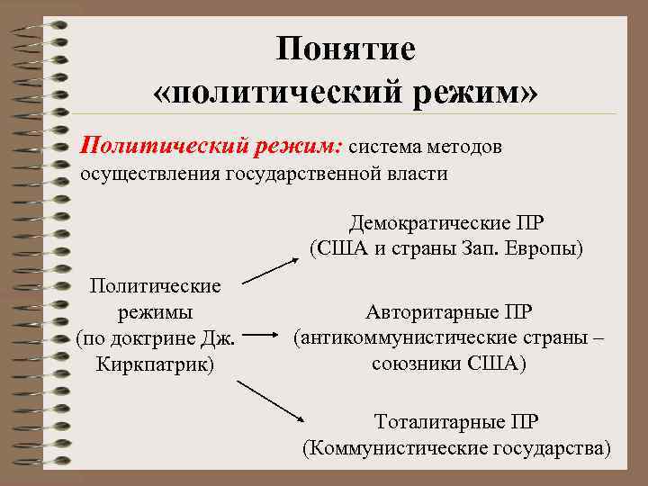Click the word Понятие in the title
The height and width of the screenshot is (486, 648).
coord(346,49)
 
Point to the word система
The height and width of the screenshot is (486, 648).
coord(381,144)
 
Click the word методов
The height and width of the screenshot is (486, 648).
coord(462,144)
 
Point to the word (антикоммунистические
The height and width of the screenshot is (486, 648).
coord(423,338)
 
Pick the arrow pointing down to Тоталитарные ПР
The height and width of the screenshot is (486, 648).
coord(273,400)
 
